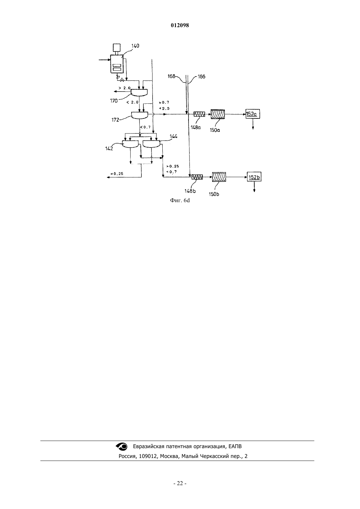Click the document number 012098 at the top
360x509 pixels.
pyautogui.click(x=180, y=26)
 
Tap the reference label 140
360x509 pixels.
pyautogui.click(x=135, y=46)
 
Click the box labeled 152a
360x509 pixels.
pyautogui.click(x=253, y=114)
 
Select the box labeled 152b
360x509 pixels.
pyautogui.click(x=254, y=177)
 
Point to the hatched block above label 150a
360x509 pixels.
pyautogui.click(x=218, y=114)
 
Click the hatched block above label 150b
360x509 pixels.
pyautogui.click(x=219, y=177)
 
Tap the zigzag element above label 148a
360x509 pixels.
pyautogui.click(x=199, y=114)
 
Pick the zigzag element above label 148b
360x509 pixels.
pyautogui.click(x=197, y=177)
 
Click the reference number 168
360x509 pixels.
pyautogui.click(x=171, y=76)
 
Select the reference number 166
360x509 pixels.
pyautogui.click(x=201, y=77)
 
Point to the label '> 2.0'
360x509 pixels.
pyautogui.click(x=125, y=88)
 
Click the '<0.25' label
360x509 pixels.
pyautogui.click(x=117, y=174)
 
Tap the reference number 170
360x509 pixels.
pyautogui.click(x=114, y=101)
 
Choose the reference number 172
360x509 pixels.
pyautogui.click(x=115, y=120)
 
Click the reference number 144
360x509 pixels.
pyautogui.click(x=174, y=136)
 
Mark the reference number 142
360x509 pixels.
pyautogui.click(x=109, y=149)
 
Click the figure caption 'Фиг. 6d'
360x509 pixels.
pyautogui.click(x=180, y=201)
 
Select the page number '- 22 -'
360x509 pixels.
pyautogui.click(x=180, y=483)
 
